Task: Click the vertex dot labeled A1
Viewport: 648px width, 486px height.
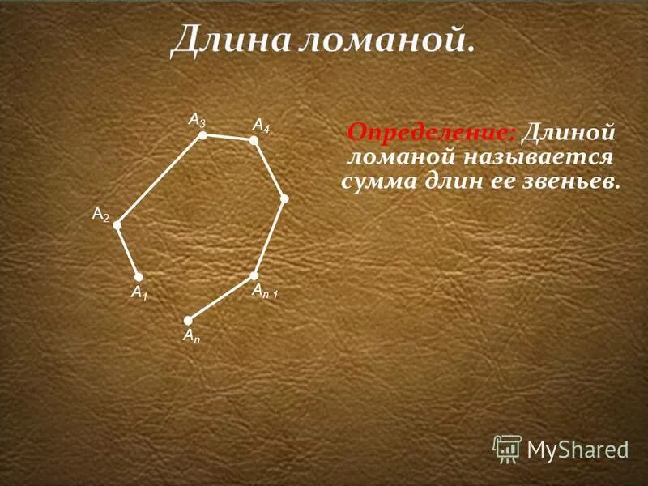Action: tap(139, 277)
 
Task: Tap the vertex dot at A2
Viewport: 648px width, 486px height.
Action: tap(117, 225)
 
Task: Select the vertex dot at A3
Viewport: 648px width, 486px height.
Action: tap(203, 135)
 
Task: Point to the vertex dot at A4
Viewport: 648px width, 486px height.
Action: tap(253, 140)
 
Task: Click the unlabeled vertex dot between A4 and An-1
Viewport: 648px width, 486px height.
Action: tap(284, 198)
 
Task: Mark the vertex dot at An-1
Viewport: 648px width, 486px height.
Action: tap(254, 275)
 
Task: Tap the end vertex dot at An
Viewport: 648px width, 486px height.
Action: tap(187, 320)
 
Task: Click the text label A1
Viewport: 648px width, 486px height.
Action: tap(139, 292)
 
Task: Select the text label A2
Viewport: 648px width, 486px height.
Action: tap(100, 214)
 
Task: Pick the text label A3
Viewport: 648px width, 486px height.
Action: tap(197, 120)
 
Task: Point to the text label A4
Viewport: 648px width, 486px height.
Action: tap(261, 125)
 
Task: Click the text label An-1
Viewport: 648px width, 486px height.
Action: tap(264, 291)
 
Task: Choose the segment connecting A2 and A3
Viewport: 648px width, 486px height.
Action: tap(160, 180)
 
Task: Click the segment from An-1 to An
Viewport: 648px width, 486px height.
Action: tap(220, 298)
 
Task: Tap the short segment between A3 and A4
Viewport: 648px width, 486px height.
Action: tap(228, 138)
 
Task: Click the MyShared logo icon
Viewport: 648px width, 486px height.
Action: tap(507, 447)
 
